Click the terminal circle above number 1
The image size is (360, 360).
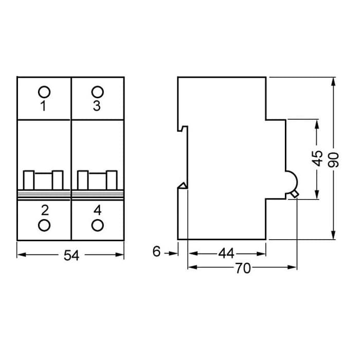point(44,92)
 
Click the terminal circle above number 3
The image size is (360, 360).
point(97,92)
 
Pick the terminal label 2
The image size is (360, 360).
point(44,210)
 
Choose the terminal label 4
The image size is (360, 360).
point(97,210)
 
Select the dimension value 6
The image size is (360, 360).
point(157,252)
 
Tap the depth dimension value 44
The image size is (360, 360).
point(226,254)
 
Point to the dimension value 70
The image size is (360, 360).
point(243,268)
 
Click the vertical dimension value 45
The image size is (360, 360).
point(317,158)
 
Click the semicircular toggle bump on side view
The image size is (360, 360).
point(292,181)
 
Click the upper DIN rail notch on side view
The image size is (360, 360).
point(182,128)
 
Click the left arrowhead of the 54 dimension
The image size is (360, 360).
point(20,254)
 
